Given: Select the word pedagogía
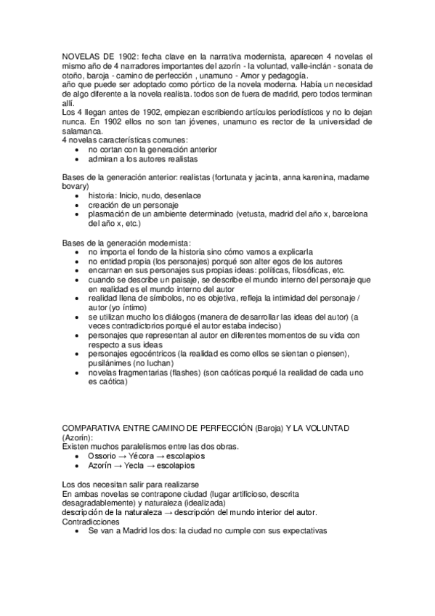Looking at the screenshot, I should [285, 75].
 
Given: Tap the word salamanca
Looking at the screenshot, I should [82, 130].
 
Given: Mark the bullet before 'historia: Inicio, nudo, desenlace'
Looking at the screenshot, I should [78, 196].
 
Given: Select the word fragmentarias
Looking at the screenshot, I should [142, 373].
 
